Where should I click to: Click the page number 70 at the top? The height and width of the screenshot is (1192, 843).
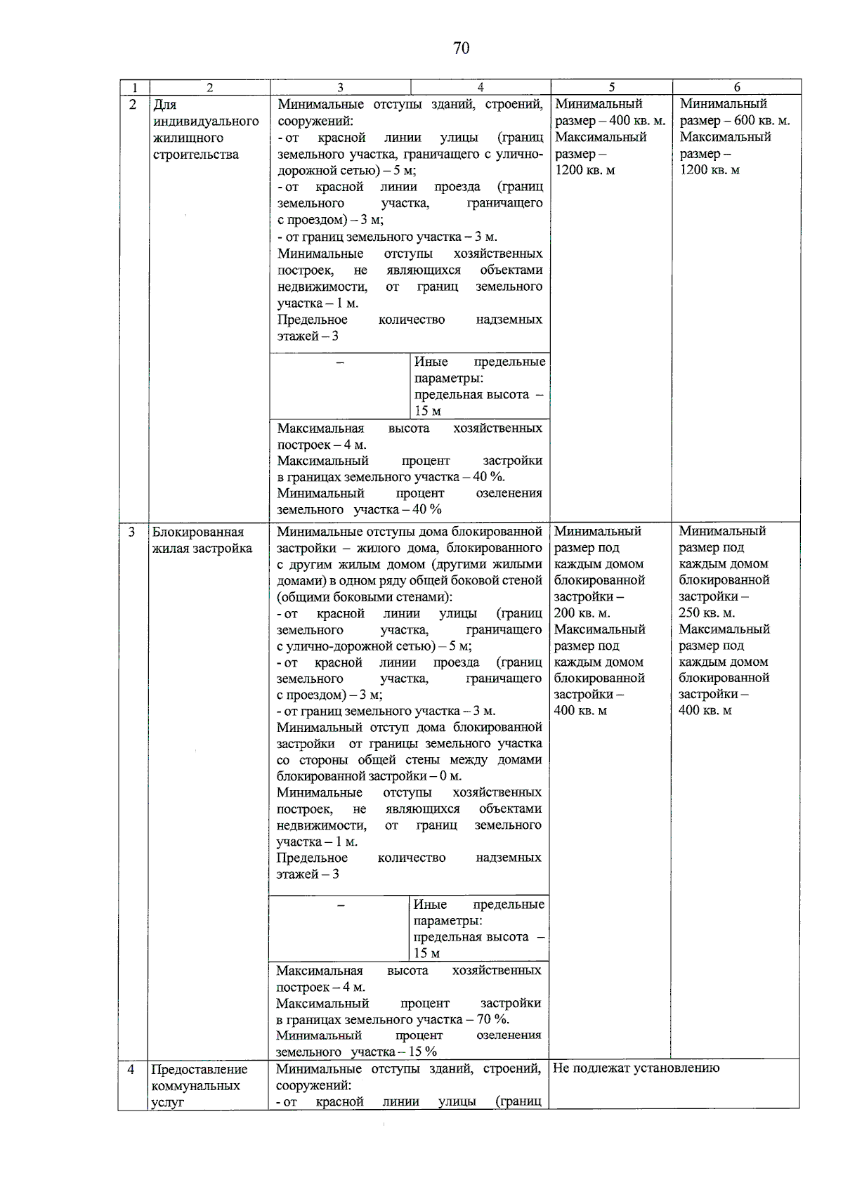coord(461,48)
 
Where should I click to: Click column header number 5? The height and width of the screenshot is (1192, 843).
coord(611,87)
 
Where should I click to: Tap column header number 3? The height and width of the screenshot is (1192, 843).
coord(340,87)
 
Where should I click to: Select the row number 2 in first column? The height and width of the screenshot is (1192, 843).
coord(133,105)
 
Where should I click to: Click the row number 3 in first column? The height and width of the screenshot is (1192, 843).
coord(132,532)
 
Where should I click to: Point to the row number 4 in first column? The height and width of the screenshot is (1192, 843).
coord(131,1069)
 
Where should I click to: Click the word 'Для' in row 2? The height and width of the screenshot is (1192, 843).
coord(164,105)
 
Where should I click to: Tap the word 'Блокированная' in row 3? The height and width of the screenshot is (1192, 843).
coord(198,532)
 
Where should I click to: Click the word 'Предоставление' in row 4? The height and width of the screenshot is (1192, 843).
coord(200,1069)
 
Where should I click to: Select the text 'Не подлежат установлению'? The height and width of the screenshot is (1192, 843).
coord(636,1068)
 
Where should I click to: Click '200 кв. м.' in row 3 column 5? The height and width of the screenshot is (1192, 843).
coord(582,613)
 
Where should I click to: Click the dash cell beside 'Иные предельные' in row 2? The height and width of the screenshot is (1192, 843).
coord(340,362)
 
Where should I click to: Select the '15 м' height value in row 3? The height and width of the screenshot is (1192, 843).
coord(426,953)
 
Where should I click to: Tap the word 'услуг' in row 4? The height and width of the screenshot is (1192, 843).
coord(167,1102)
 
